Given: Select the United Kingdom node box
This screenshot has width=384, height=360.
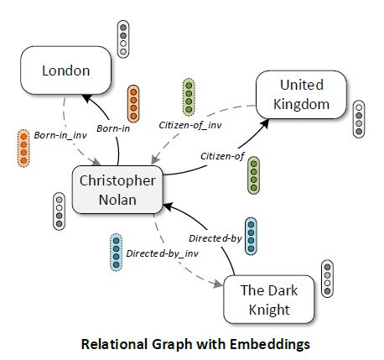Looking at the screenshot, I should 301,96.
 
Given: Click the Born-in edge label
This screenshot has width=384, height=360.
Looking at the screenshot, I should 112,128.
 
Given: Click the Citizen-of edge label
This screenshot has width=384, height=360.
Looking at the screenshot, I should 222,155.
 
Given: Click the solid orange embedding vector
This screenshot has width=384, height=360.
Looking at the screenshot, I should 133,104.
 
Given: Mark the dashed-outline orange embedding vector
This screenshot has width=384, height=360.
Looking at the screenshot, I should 23,146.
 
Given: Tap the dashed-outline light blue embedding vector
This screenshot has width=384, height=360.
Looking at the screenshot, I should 116,253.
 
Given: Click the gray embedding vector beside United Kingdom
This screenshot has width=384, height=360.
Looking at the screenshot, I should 359,120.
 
